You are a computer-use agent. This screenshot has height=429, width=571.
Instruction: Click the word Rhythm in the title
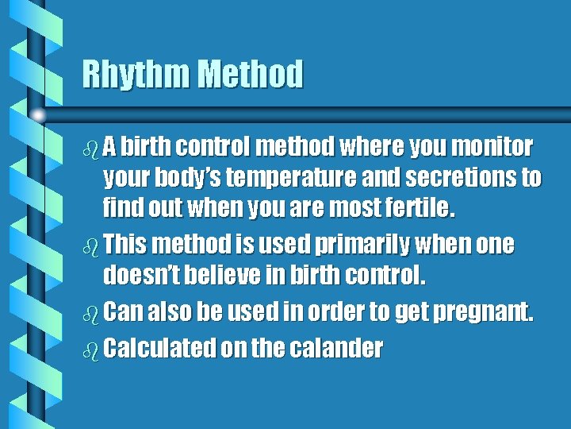click(136, 75)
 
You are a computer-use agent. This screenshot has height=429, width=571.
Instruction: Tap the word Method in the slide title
click(250, 75)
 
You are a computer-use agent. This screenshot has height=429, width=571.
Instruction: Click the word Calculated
click(159, 348)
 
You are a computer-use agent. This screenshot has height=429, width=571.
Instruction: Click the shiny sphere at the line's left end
click(38, 116)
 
